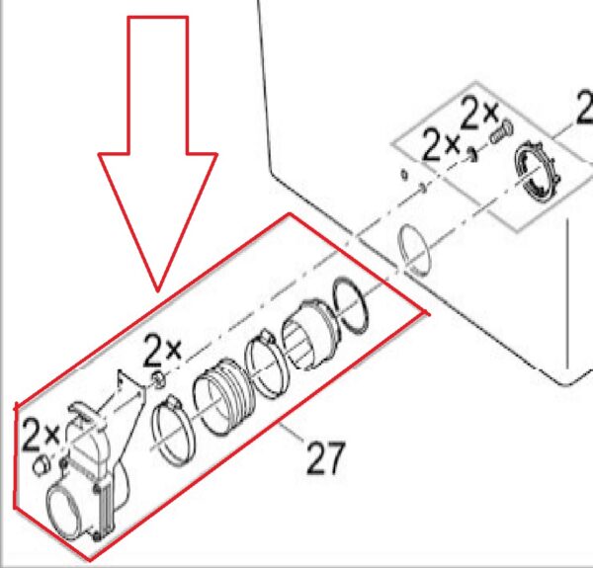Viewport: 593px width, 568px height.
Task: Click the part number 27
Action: click(x=325, y=458)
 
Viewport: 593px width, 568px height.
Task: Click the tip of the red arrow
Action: click(x=158, y=291)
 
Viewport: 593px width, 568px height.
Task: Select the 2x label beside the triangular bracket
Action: click(x=163, y=350)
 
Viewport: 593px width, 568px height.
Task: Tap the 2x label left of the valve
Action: click(x=42, y=435)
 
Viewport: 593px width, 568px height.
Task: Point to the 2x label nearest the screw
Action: click(x=480, y=113)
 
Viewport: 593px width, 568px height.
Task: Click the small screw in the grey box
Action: click(x=501, y=131)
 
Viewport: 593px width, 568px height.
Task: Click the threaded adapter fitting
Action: click(x=310, y=334)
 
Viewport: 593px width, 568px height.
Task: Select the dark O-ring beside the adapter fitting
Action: click(x=350, y=305)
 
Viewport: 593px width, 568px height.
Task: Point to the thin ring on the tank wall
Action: click(x=414, y=250)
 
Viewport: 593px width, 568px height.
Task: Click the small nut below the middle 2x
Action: click(x=158, y=379)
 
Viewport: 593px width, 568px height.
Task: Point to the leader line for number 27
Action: click(x=292, y=432)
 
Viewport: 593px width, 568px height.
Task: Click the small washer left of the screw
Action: click(x=471, y=154)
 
